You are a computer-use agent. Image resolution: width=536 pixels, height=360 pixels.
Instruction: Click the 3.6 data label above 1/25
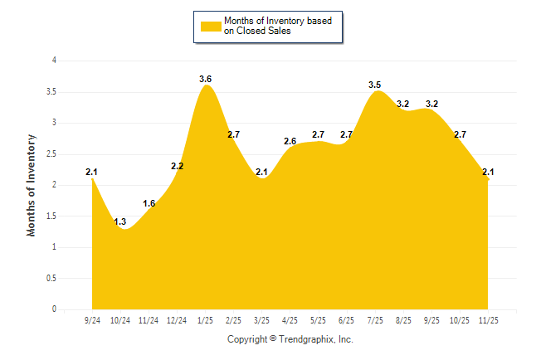tap(206, 79)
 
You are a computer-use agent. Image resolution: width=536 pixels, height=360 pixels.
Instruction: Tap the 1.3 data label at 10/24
tap(120, 221)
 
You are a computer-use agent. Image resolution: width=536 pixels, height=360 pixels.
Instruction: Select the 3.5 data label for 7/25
tap(375, 85)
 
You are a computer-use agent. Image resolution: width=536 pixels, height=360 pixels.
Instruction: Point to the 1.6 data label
tap(149, 203)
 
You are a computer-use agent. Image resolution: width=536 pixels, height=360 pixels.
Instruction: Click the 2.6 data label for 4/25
tap(290, 141)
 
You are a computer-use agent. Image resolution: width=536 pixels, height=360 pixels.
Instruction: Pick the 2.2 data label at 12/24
tap(178, 166)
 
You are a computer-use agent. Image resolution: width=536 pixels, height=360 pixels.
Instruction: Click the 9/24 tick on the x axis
tap(93, 319)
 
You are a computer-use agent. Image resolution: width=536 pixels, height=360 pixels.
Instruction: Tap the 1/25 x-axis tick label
tap(206, 319)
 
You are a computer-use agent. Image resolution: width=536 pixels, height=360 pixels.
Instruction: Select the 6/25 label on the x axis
tap(347, 319)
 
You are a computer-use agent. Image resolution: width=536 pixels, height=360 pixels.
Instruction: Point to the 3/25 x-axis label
tap(262, 319)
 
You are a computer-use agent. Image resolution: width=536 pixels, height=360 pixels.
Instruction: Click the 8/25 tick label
tap(403, 319)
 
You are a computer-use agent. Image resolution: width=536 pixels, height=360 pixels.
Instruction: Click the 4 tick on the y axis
tap(54, 61)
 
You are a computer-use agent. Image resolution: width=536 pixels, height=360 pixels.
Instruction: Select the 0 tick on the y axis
tap(54, 309)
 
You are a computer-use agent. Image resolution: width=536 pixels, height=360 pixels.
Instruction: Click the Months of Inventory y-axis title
tap(32, 185)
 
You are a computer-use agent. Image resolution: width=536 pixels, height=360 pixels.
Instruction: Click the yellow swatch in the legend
tap(210, 26)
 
